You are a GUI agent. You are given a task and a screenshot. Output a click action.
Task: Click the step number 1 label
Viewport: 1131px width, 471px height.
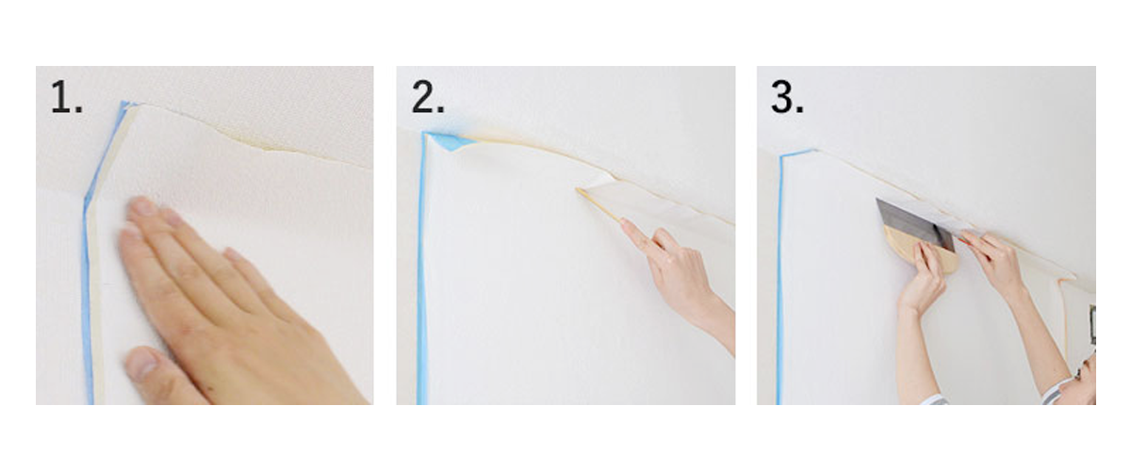pyautogui.click(x=67, y=97)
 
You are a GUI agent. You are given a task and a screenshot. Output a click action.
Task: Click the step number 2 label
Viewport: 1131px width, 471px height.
pyautogui.click(x=428, y=97)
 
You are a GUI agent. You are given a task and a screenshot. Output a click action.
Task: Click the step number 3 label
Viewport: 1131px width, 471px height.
pyautogui.click(x=787, y=97)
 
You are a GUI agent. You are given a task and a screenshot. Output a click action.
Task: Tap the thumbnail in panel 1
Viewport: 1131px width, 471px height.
pyautogui.click(x=143, y=363)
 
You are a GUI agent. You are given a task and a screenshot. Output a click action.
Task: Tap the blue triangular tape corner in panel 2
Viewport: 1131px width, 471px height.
pyautogui.click(x=453, y=142)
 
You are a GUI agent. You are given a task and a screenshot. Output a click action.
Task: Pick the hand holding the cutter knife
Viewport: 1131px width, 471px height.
pyautogui.click(x=991, y=263)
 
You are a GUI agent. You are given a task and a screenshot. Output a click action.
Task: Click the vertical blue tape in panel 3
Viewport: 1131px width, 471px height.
pyautogui.click(x=780, y=278)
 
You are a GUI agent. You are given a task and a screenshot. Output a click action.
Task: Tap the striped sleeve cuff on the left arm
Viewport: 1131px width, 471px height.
pyautogui.click(x=933, y=399)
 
